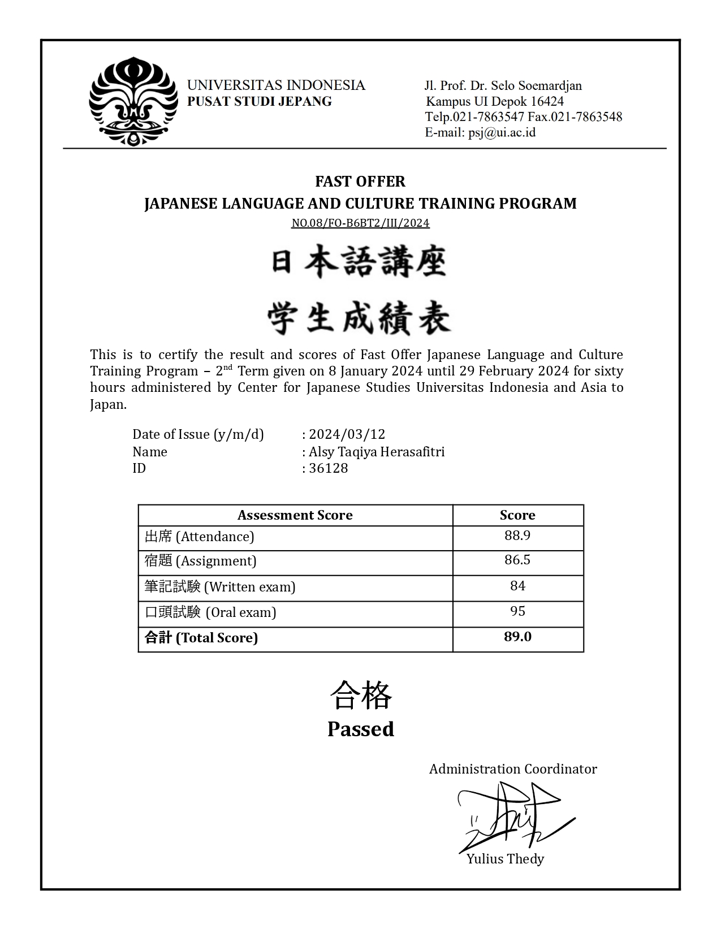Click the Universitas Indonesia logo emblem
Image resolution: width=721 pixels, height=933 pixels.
coord(133,102)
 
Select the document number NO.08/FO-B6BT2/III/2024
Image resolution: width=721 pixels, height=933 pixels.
coord(360,223)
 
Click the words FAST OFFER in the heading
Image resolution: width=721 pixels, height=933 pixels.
coord(360,182)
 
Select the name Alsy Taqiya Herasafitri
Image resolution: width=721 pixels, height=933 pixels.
coord(377,452)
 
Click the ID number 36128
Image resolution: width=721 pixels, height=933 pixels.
coord(328,468)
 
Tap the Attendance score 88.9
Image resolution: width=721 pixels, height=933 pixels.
coord(517,535)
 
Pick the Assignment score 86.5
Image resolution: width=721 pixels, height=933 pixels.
coord(517,560)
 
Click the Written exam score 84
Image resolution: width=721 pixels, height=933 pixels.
coord(517,586)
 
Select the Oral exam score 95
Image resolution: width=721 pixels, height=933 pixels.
coord(517,611)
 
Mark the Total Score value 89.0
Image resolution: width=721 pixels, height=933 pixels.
coord(517,637)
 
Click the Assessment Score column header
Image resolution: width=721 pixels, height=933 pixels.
coord(295,515)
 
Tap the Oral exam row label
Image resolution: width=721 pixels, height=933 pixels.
coord(210,612)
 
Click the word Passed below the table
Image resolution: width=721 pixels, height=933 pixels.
coord(360,729)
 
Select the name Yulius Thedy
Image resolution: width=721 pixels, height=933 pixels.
coord(505,859)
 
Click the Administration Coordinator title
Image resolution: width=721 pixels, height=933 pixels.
coord(513,769)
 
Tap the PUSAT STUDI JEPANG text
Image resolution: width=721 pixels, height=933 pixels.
coord(260,102)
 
